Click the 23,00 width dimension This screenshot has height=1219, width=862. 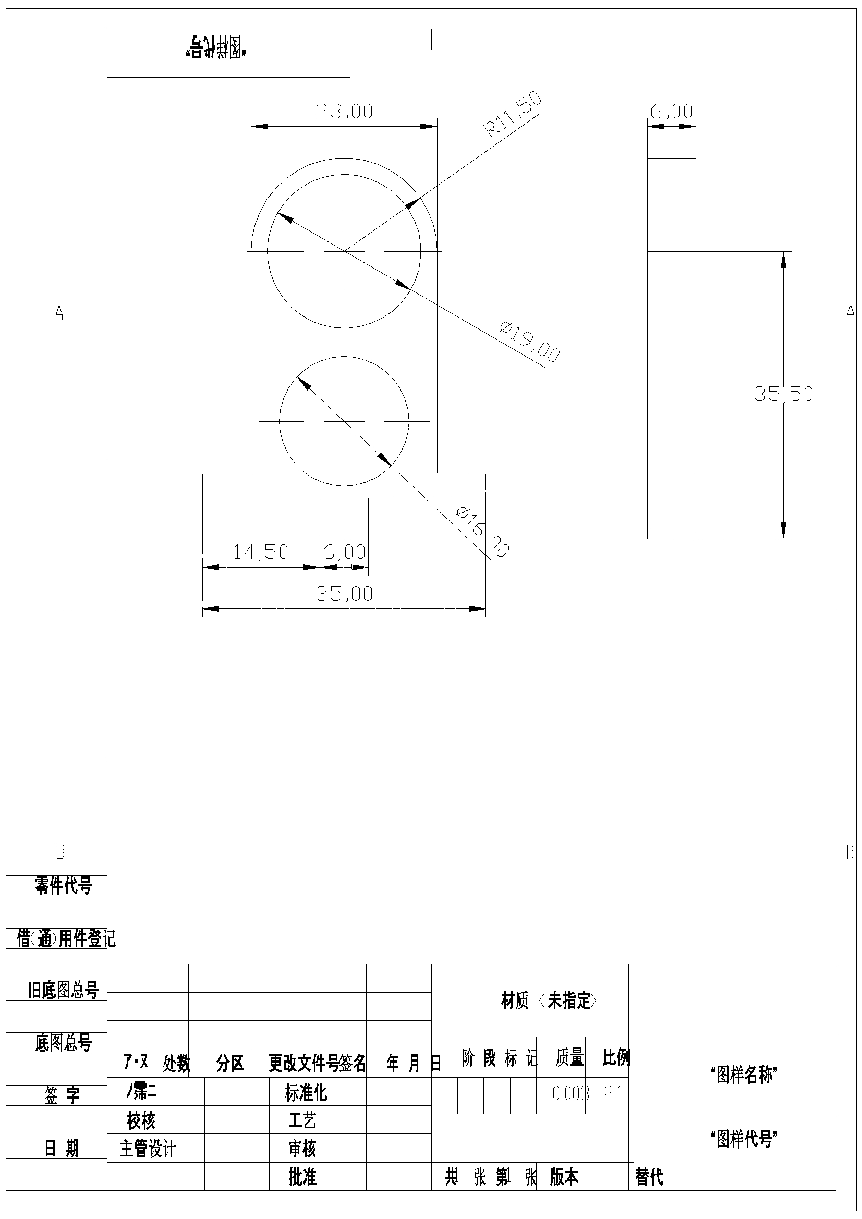tap(344, 112)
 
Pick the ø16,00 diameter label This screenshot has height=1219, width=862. tap(482, 532)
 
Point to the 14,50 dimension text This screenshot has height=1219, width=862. tap(260, 552)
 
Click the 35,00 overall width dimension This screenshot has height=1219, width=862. tap(344, 593)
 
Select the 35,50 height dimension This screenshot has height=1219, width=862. tap(784, 394)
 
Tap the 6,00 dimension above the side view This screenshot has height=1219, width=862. tap(672, 112)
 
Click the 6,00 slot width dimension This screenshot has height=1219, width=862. tap(344, 552)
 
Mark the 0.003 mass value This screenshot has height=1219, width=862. tap(570, 1093)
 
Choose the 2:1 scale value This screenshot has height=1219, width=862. tap(613, 1093)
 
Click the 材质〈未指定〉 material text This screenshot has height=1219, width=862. tap(549, 1001)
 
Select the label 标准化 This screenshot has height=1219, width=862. tap(306, 1093)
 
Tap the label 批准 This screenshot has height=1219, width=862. tap(302, 1177)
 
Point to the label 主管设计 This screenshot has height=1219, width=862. tap(148, 1149)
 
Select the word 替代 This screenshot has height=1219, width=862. tap(649, 1177)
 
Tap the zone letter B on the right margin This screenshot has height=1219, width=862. tap(849, 852)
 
